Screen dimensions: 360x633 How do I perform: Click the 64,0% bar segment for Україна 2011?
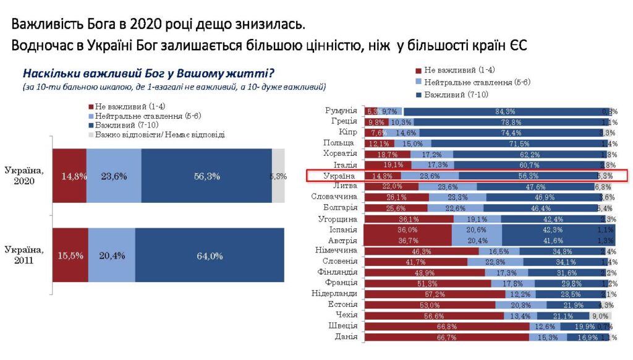210,256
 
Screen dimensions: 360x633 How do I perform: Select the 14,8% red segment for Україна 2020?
69,176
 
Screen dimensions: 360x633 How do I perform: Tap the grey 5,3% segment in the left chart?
278,176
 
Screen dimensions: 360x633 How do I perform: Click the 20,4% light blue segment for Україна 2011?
111,256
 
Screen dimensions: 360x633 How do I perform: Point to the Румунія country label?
341,111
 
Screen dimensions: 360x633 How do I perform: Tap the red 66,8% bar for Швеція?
446,326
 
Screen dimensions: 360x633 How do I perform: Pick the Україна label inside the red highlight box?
341,176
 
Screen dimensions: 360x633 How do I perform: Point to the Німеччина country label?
338,251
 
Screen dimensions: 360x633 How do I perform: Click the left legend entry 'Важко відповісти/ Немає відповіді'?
159,134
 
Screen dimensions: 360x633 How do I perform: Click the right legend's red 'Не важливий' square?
418,71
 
